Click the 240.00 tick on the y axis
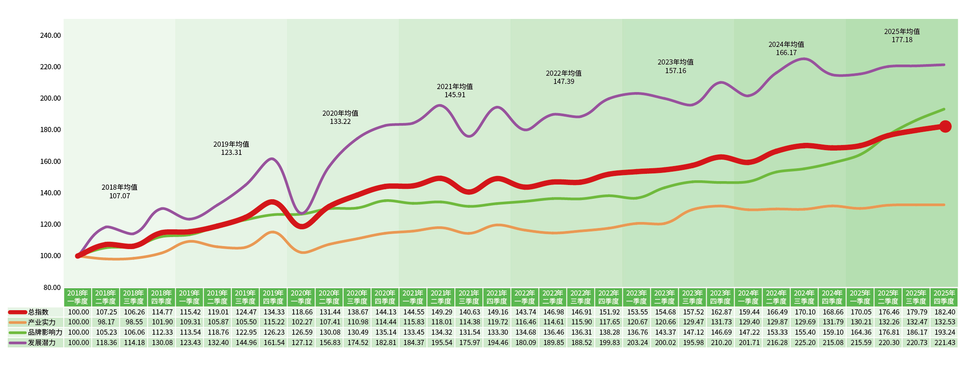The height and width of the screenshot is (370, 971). [x=51, y=35]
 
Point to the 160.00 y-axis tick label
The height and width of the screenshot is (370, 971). [x=51, y=161]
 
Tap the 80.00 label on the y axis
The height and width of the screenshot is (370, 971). [x=52, y=287]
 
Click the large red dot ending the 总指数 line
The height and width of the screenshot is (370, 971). [x=945, y=126]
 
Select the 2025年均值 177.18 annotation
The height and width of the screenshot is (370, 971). [x=902, y=36]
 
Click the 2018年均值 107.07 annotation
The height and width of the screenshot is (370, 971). [x=119, y=191]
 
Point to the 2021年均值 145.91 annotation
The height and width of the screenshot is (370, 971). [x=455, y=91]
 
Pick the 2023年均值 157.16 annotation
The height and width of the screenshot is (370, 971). [x=675, y=66]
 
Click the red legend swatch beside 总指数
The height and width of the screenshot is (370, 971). [x=17, y=312]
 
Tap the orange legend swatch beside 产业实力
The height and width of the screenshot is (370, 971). [x=17, y=322]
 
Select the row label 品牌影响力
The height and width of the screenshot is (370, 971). [x=45, y=332]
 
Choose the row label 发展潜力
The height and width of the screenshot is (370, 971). [x=42, y=342]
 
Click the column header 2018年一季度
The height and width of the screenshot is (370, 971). [x=78, y=297]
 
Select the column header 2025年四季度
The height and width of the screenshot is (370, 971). [x=944, y=297]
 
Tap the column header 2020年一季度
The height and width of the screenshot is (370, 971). [x=301, y=297]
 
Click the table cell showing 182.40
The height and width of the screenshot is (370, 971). [x=944, y=312]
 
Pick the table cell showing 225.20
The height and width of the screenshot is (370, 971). [x=805, y=342]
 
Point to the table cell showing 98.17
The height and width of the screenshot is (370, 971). [x=106, y=322]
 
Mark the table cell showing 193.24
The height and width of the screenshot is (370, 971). [x=944, y=332]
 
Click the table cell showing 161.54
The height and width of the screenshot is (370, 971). [x=274, y=342]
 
